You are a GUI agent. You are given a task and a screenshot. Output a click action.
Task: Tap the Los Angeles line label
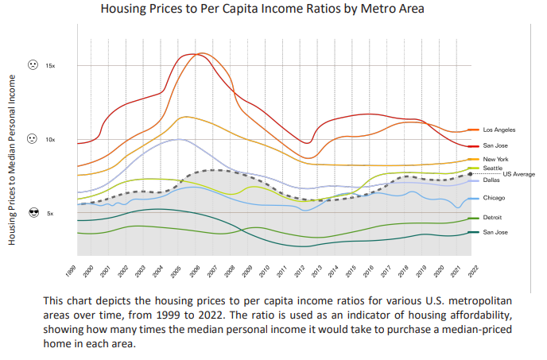[499, 129]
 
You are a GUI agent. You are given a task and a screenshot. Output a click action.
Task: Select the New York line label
[495, 160]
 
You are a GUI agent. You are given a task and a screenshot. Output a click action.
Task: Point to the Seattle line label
[494, 168]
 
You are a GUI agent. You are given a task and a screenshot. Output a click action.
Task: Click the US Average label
[518, 174]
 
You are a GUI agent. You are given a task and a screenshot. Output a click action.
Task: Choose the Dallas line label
[491, 181]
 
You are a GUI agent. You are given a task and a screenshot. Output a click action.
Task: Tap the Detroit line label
[493, 217]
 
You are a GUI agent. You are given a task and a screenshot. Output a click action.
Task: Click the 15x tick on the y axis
[50, 65]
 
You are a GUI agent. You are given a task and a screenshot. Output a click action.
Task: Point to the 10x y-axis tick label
[50, 139]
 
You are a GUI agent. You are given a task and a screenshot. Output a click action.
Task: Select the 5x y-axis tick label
[50, 213]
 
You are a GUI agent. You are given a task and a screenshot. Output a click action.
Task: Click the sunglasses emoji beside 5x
[33, 212]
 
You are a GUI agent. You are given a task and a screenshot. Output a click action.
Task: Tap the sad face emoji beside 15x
[33, 64]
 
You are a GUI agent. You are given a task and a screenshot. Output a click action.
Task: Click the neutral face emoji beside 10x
[33, 138]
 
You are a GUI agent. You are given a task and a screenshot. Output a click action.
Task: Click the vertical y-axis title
[13, 159]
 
